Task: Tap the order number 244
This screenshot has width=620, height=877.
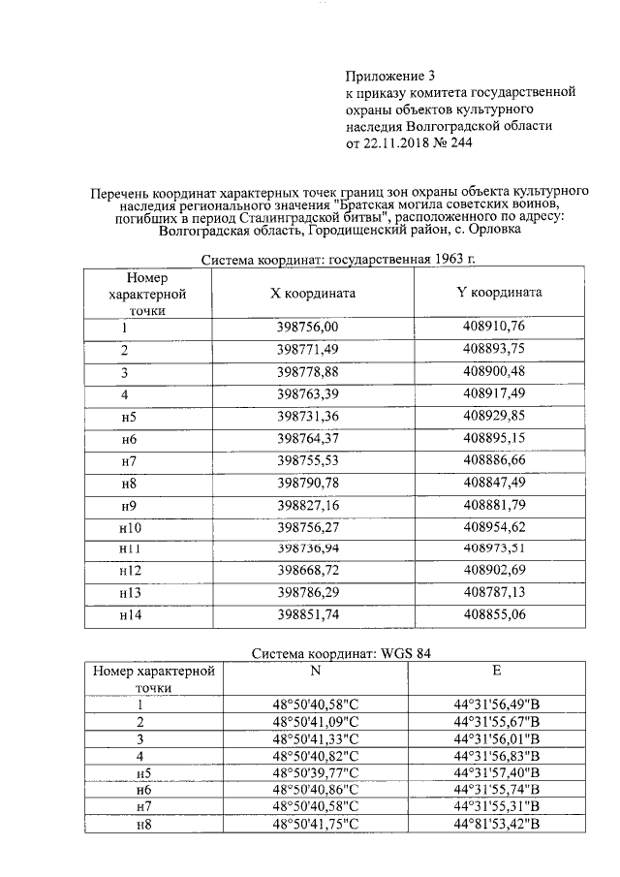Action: click(459, 143)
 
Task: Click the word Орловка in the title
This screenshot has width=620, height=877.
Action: click(492, 231)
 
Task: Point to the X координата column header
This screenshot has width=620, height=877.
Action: click(313, 292)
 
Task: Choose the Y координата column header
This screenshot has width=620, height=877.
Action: click(499, 292)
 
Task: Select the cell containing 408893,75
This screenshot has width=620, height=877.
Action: click(499, 349)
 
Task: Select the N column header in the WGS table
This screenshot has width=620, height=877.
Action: click(315, 670)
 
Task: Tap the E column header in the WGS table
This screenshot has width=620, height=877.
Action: click(497, 670)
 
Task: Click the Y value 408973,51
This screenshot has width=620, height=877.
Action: click(499, 548)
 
